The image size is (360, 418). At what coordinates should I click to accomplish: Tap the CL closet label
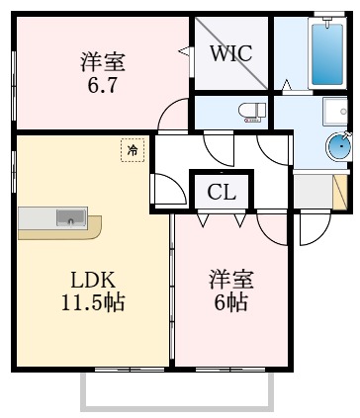click(222, 192)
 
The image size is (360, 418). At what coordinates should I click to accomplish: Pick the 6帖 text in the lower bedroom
click(229, 299)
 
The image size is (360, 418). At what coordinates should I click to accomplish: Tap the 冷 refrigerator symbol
click(131, 149)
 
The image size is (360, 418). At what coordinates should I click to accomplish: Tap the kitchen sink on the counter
click(70, 217)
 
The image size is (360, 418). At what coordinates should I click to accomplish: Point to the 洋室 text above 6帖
click(230, 277)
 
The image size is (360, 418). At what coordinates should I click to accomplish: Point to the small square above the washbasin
click(333, 110)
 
